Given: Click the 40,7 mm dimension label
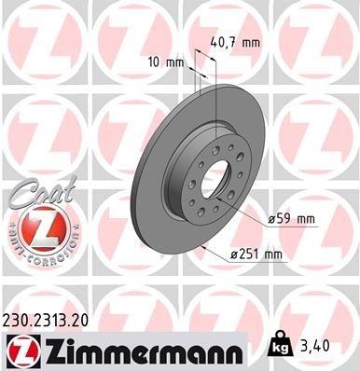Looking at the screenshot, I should point(243,40).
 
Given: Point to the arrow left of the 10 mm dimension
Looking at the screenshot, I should point(190,66).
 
